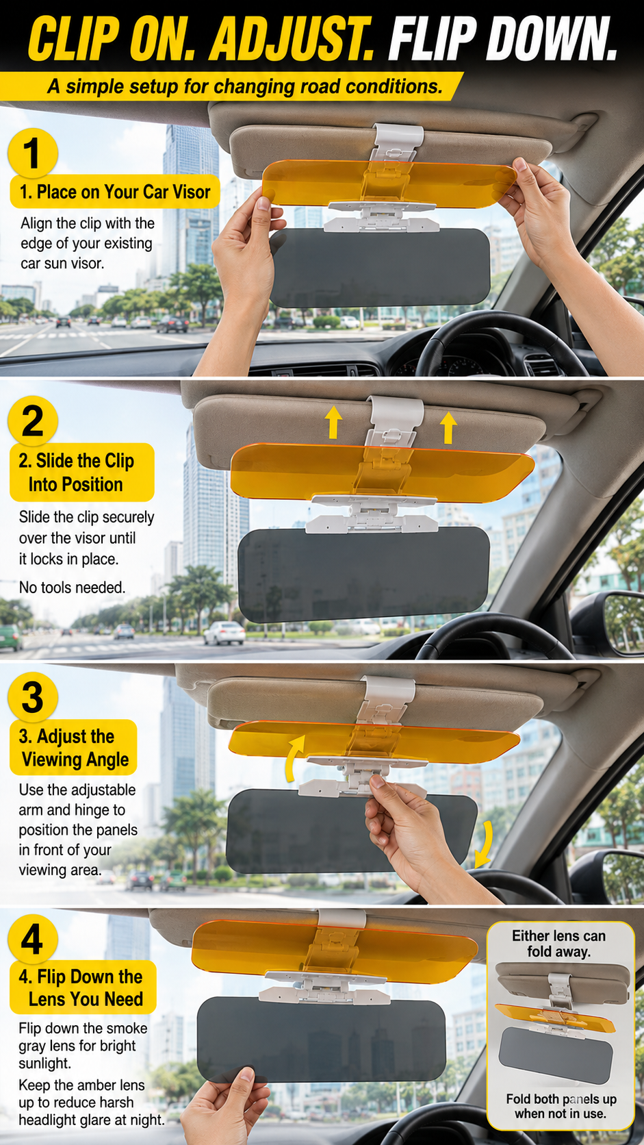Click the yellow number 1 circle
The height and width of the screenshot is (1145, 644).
pos(32,153)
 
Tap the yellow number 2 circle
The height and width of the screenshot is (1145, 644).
pos(33,421)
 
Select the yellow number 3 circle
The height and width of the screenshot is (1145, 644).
pos(33,697)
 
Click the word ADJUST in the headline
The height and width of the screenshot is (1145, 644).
pos(291,39)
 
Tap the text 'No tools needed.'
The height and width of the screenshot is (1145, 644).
pos(72,588)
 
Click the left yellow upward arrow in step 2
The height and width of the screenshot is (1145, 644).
pos(333,422)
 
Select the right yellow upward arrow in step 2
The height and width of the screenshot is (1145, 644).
pos(448,427)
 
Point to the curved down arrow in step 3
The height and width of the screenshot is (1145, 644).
pos(485,844)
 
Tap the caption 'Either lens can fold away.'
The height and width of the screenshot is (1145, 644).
pos(558,944)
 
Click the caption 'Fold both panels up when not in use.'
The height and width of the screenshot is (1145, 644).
pos(561,1106)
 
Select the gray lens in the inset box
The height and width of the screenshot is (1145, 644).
pos(555,1055)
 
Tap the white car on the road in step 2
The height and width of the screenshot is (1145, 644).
pos(224,633)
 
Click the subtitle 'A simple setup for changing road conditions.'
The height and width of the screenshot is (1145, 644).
pos(244,86)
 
